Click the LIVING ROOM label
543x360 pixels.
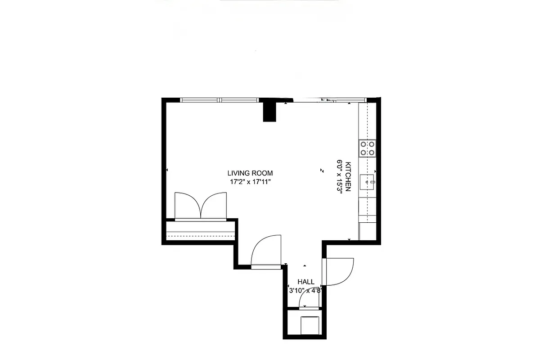pos(250,173)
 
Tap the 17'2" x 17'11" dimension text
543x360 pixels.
pos(250,182)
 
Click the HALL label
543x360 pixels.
pos(306,282)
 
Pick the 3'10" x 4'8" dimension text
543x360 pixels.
pos(305,290)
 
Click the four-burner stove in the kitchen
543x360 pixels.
pos(367,148)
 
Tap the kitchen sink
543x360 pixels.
pos(367,182)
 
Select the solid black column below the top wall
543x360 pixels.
pos(269,111)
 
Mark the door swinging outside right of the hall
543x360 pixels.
pos(339,271)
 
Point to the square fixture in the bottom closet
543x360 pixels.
pos(310,325)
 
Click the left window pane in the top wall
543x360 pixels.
pos(200,100)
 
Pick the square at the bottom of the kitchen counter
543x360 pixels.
pos(367,231)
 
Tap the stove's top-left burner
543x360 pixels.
pos(363,144)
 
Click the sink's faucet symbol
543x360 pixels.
pos(372,182)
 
